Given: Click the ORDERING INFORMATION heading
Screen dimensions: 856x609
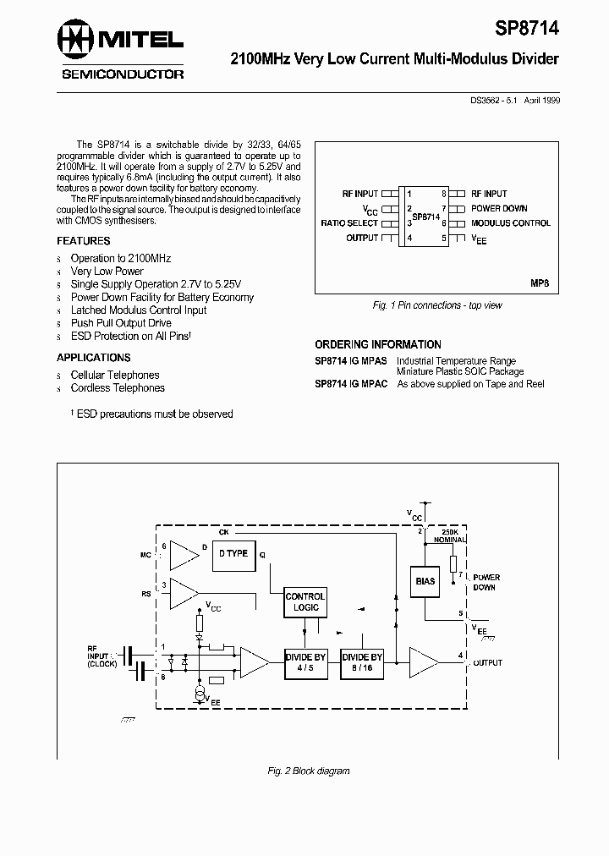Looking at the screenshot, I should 378,345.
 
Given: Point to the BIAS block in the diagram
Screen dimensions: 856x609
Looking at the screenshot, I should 425,581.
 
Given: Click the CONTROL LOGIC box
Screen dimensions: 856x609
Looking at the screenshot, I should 304,601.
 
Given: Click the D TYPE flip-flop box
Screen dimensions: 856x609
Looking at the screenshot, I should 233,554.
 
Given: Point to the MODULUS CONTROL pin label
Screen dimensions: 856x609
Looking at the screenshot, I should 510,223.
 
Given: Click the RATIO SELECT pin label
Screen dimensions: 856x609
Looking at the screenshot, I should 349,223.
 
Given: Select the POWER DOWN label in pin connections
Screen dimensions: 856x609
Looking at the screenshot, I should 499,208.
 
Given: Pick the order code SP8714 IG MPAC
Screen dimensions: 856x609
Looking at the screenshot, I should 351,384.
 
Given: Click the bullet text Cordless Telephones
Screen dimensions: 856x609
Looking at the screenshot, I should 118,388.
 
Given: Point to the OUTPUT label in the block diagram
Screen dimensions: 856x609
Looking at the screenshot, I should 487,663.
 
